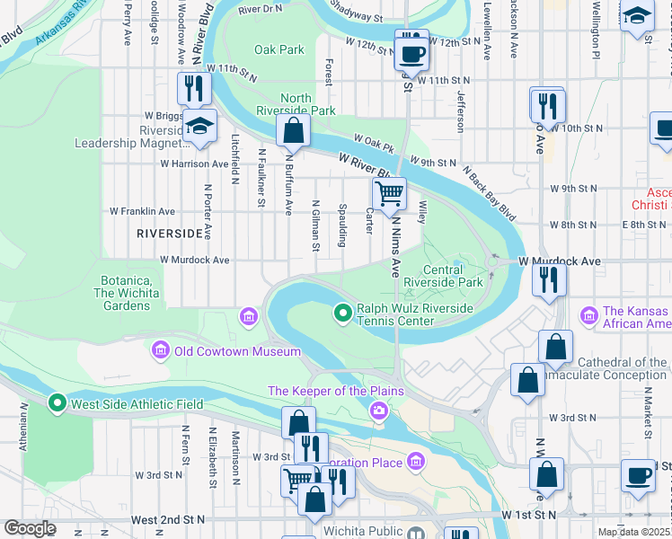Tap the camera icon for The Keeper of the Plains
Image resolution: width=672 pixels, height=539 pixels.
point(379,411)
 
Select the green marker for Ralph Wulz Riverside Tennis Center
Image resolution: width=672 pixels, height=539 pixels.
point(342,314)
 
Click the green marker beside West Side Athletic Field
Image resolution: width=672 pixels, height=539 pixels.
point(58,404)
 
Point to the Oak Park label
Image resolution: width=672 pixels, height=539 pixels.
point(279,50)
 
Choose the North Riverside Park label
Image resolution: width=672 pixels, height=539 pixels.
point(307,104)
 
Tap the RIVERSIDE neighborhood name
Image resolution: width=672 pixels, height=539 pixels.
point(170,234)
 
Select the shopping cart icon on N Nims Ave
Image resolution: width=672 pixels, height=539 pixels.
point(389,192)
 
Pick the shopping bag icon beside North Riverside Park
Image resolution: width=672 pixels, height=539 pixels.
point(293,131)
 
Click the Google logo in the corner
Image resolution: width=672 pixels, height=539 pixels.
point(29,528)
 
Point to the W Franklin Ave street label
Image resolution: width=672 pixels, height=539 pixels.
point(142,211)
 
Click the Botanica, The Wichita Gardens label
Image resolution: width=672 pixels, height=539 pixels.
point(126,293)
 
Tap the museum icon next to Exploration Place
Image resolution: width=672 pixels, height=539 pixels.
point(415,463)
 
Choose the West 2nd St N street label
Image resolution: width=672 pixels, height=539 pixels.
point(167,519)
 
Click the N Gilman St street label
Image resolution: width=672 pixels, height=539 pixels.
point(315,225)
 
